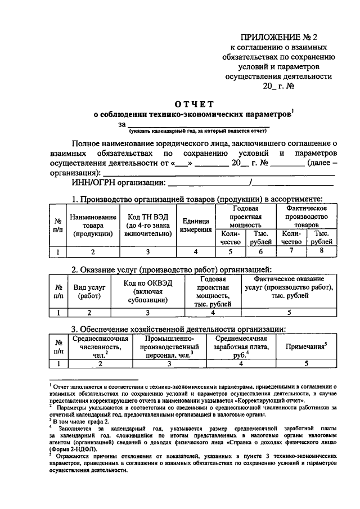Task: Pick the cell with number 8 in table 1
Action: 322,251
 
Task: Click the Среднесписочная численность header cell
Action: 101,347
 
